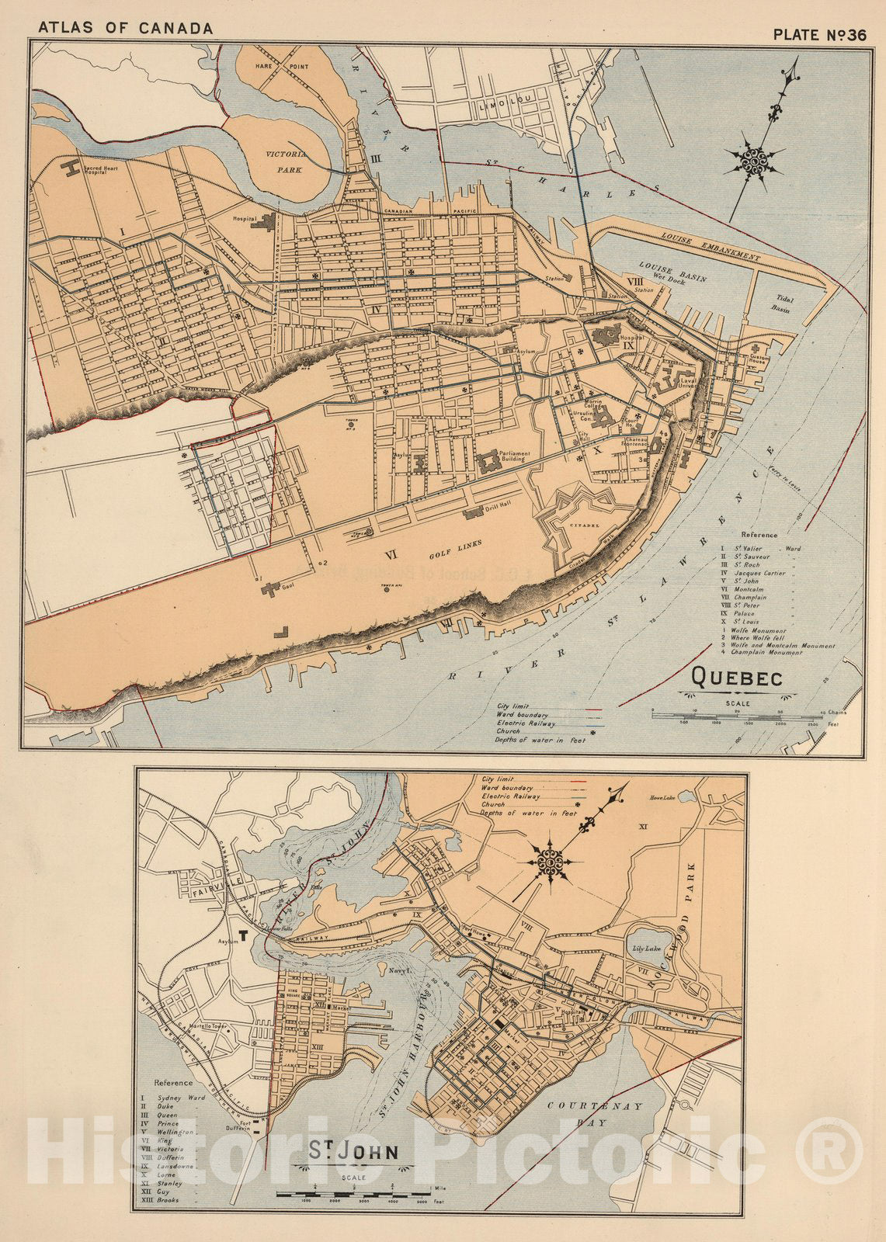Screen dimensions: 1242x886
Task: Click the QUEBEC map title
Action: (x=735, y=679)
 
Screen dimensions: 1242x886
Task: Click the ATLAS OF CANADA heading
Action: (x=125, y=29)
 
